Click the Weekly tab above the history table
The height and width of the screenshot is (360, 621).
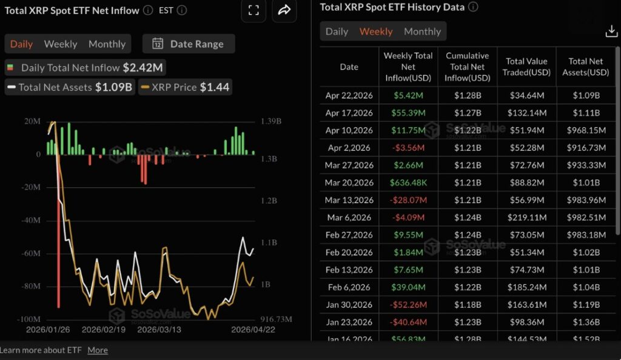(x=376, y=32)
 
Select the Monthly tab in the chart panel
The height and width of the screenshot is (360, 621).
(x=107, y=44)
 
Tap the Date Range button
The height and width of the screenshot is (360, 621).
(x=189, y=44)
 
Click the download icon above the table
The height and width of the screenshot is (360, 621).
(x=611, y=32)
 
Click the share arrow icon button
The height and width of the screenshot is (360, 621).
(x=284, y=10)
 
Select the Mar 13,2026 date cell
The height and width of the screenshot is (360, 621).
(x=349, y=200)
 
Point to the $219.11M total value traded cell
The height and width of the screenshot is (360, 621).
(x=526, y=217)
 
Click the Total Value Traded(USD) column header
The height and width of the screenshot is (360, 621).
(x=526, y=67)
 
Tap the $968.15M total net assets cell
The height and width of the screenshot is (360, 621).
(x=585, y=130)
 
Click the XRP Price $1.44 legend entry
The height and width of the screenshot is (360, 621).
(x=185, y=87)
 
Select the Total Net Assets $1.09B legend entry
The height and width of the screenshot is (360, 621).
(x=69, y=87)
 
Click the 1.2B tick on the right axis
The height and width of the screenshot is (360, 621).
(x=269, y=201)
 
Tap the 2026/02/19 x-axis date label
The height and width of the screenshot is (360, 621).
(x=103, y=330)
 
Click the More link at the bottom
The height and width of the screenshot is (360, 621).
(x=98, y=350)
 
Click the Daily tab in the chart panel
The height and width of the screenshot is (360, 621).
(x=22, y=44)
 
